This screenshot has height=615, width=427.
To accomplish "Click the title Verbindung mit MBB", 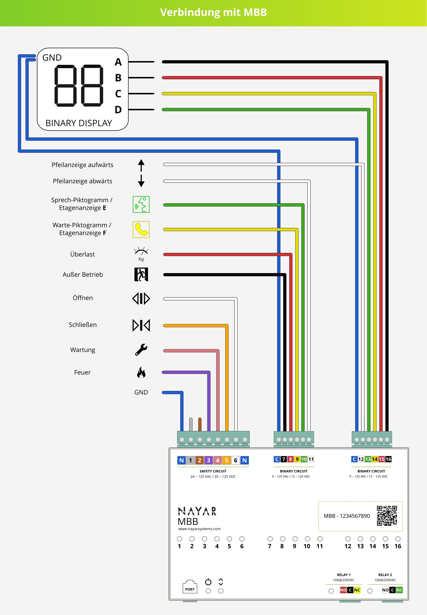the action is tap(214, 12).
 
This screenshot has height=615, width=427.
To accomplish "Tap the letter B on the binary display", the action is tap(118, 78).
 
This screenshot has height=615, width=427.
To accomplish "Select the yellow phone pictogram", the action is tap(141, 229).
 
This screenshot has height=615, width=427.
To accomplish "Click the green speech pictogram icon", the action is tap(141, 204).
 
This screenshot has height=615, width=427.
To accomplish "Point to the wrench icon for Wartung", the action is tap(141, 350).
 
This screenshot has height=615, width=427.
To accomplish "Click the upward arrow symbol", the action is tap(141, 165).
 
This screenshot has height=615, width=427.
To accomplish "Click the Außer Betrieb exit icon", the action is tap(141, 274).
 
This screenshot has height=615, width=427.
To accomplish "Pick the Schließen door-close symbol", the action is tap(141, 325).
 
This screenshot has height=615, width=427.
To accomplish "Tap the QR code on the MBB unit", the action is tap(387, 516).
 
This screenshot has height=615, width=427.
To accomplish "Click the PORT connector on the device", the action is tap(190, 587).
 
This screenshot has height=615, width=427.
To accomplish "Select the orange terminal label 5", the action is tap(227, 460).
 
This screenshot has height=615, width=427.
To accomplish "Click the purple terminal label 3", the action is tap(208, 460).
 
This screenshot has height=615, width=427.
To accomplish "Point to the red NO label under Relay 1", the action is tap(343, 590).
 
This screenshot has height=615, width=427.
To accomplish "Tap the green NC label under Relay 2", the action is tap(399, 590).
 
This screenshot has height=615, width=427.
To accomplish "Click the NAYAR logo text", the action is tap(197, 511).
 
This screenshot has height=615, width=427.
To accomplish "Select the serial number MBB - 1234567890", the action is tap(347, 516).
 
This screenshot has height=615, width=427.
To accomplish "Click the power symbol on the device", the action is tap(208, 582).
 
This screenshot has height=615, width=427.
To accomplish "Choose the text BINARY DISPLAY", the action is tap(79, 123).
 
